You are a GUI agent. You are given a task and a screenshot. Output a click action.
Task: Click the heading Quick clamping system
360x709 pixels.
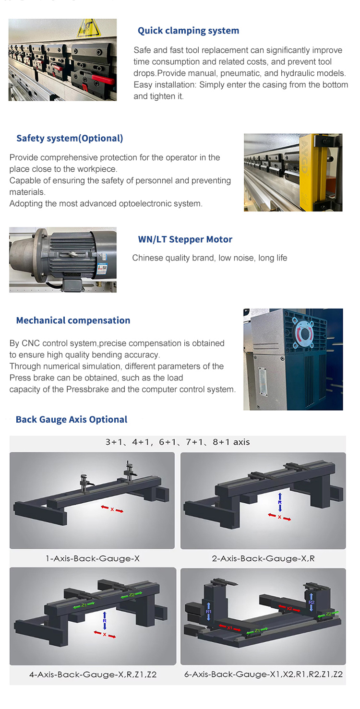(x=188, y=31)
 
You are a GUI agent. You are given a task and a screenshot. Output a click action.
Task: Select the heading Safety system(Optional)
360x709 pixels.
(x=70, y=138)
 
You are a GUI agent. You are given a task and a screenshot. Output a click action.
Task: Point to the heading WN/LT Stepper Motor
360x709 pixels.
(x=185, y=239)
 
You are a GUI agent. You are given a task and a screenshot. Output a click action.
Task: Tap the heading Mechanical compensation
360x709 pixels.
(x=73, y=320)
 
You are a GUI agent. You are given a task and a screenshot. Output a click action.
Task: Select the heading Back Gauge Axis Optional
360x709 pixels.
(x=72, y=419)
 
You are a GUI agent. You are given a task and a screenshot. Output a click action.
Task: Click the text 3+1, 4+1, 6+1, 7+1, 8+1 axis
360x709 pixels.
(x=178, y=442)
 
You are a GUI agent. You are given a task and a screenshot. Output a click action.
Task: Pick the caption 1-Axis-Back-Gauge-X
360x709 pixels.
(x=93, y=558)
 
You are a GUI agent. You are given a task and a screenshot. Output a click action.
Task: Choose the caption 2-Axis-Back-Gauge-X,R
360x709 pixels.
(x=264, y=558)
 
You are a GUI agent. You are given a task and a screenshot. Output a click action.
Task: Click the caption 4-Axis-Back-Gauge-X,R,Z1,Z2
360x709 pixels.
(x=93, y=674)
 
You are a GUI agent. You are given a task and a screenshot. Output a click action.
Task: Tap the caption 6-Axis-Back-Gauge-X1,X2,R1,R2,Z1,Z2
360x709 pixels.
(x=264, y=674)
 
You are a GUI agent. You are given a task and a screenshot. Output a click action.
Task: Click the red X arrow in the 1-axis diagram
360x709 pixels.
(x=112, y=509)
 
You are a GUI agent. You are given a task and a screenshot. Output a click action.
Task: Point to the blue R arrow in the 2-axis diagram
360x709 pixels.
(x=280, y=502)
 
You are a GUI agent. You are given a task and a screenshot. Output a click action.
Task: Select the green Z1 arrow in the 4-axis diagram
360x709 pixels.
(x=84, y=605)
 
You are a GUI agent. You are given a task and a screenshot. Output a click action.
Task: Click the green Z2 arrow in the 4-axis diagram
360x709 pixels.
(x=132, y=595)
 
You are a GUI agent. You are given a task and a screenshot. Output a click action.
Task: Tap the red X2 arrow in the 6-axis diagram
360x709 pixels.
(x=289, y=608)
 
